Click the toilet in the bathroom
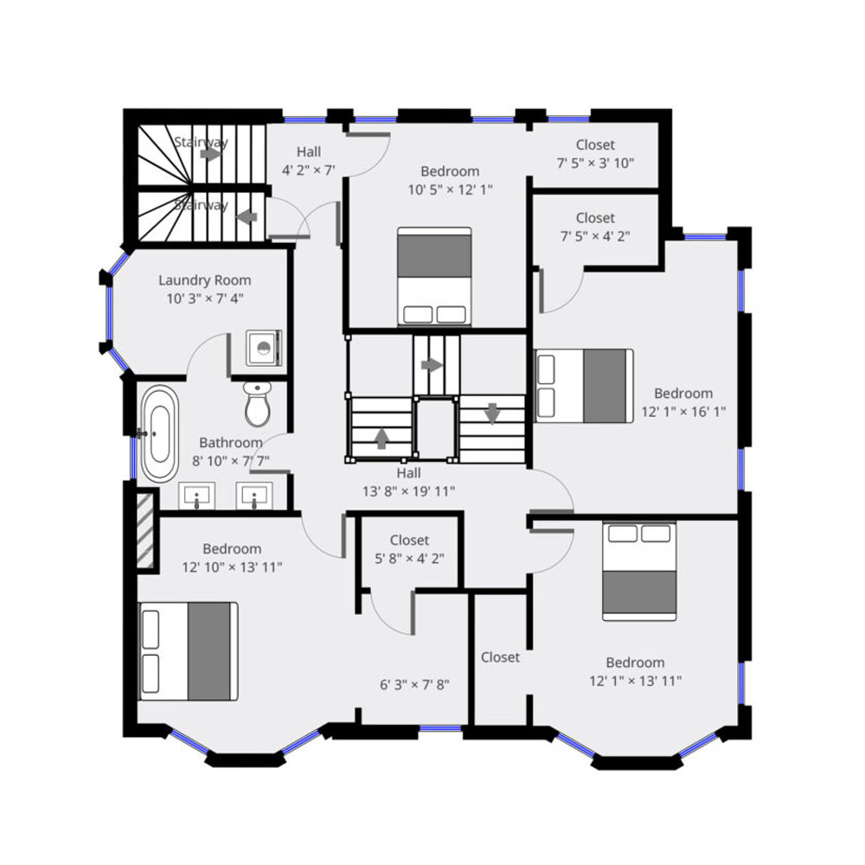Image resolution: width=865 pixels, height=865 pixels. point(258,403)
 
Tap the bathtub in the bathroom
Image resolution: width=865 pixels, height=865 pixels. point(159,434)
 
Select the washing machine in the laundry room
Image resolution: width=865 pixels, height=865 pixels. point(264,348)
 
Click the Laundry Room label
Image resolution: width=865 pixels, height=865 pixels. point(205,280)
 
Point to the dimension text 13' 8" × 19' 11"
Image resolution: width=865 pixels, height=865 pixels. point(408,491)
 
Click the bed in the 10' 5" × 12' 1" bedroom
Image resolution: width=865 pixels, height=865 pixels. point(435,277)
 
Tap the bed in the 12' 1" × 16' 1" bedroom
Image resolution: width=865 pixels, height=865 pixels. point(584,386)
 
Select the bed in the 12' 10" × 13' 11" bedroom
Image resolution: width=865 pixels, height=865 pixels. point(188,651)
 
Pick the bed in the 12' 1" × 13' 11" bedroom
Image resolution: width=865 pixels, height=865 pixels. point(639,572)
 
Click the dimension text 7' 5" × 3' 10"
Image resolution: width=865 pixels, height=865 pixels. point(595,163)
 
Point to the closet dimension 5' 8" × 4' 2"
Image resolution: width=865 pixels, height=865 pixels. point(409,559)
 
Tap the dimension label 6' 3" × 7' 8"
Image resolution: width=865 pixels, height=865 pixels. point(414,684)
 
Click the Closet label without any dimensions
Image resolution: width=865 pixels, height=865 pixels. point(500,657)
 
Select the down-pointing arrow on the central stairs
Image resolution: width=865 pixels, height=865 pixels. point(492,413)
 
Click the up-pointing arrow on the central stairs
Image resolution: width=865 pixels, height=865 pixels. point(381,439)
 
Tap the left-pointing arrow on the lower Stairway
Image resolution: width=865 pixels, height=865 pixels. point(247,217)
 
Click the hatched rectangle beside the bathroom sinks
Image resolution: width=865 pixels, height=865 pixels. point(145,530)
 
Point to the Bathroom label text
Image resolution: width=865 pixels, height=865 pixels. point(231,442)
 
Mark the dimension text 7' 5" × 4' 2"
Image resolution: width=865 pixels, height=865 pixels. point(595,236)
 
